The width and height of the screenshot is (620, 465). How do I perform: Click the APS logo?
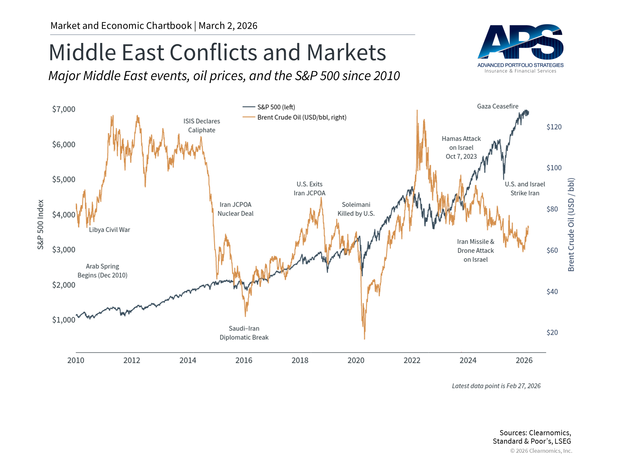(520, 48)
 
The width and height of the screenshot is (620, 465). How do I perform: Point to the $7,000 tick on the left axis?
(64, 109)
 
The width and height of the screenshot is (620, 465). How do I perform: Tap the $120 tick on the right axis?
(554, 127)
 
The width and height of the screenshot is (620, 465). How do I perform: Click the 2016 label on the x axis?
(244, 360)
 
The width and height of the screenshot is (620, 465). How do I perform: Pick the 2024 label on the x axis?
(468, 360)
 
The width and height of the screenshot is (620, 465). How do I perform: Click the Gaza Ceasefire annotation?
(498, 106)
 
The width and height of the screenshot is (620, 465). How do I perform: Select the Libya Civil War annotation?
(109, 230)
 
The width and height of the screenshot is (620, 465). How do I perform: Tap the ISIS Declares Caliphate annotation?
(201, 126)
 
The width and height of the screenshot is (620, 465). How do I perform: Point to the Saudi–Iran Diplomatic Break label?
(244, 333)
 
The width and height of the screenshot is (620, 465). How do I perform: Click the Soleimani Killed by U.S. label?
(356, 209)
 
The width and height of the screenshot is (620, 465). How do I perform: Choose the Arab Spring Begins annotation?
(102, 271)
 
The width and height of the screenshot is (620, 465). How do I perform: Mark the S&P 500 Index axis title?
(40, 224)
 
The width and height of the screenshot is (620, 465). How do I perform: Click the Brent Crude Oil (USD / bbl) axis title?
(571, 224)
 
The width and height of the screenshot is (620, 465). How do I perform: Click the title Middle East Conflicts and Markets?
(217, 52)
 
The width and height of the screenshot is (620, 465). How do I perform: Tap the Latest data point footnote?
(496, 386)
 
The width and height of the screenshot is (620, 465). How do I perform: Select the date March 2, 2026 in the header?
(228, 26)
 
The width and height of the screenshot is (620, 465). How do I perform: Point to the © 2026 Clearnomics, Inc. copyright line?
(541, 451)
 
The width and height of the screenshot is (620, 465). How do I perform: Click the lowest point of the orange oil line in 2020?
(365, 339)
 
